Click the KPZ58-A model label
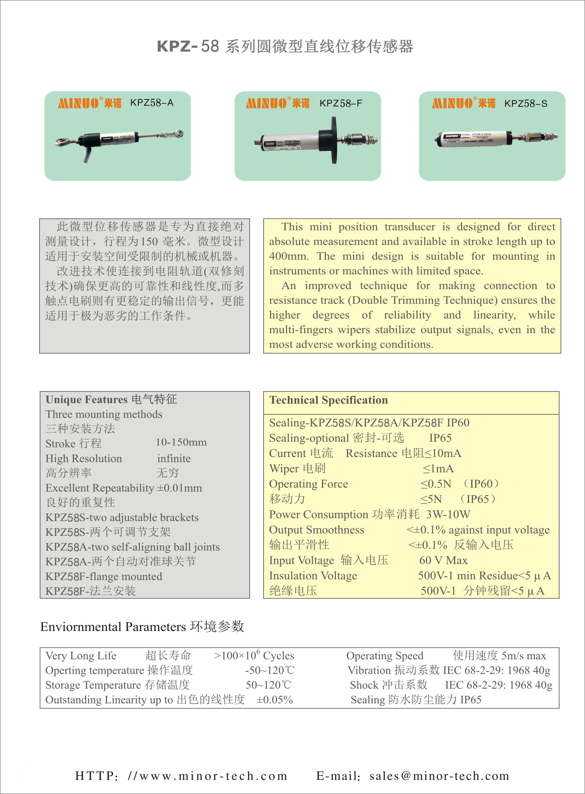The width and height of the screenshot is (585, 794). [x=152, y=103]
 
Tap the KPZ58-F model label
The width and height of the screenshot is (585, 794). [x=341, y=103]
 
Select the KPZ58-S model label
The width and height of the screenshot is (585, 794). [x=526, y=104]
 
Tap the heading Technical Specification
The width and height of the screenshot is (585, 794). [x=328, y=400]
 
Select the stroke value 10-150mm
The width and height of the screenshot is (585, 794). [x=181, y=442]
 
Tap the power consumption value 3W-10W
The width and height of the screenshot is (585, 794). [x=448, y=514]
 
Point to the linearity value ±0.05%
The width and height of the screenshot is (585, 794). [x=274, y=700]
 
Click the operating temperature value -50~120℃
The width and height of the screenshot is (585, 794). [x=269, y=670]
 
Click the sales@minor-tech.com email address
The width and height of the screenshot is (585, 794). [x=439, y=776]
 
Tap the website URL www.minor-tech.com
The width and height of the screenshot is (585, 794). [x=213, y=776]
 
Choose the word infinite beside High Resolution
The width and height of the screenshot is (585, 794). [x=174, y=458]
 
